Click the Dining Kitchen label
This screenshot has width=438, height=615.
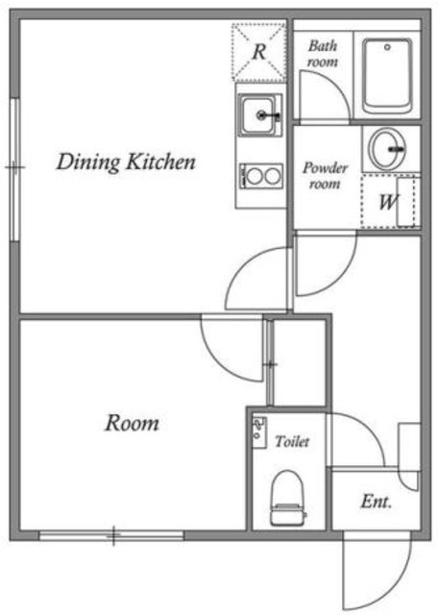coord(126,161)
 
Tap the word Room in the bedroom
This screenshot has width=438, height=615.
coord(133,423)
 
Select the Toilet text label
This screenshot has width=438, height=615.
coord(292,442)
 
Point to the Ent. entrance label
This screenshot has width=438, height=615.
coord(377,502)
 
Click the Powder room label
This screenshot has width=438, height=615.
coord(325,176)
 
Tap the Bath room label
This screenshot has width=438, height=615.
coord(323,54)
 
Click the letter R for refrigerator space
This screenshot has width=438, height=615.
coord(259,51)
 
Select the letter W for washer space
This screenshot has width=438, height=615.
coord(388,202)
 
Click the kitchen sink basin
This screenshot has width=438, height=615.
coord(258,115)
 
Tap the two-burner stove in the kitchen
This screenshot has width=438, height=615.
coord(261,176)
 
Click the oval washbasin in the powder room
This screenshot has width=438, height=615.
coord(388,149)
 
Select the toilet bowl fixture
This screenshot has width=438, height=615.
coord(288,498)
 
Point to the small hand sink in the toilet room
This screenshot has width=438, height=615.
coord(259,432)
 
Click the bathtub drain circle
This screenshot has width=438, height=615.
coord(387,47)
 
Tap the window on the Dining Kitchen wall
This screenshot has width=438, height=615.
coord(15,169)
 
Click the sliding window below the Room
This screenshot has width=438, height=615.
coord(111,535)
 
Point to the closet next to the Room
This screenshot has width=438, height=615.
coord(299,363)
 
